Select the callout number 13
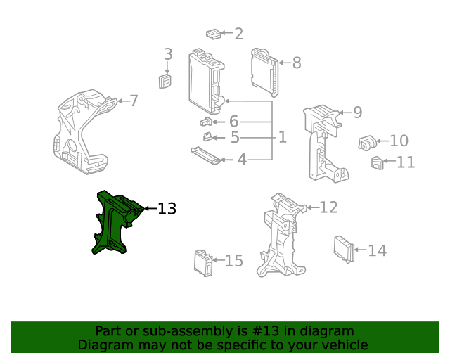(x=167, y=209)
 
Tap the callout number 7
(x=134, y=101)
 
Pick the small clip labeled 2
(x=213, y=33)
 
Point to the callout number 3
(x=168, y=54)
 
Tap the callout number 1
(x=282, y=137)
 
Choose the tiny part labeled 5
(x=208, y=137)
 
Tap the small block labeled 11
(x=377, y=164)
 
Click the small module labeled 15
(x=203, y=263)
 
